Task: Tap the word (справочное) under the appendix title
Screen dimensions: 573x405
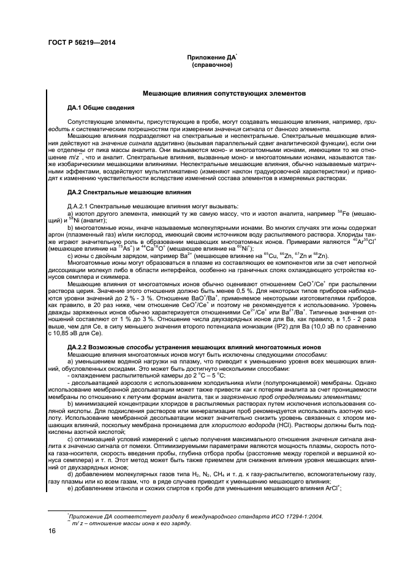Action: tap(212, 64)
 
